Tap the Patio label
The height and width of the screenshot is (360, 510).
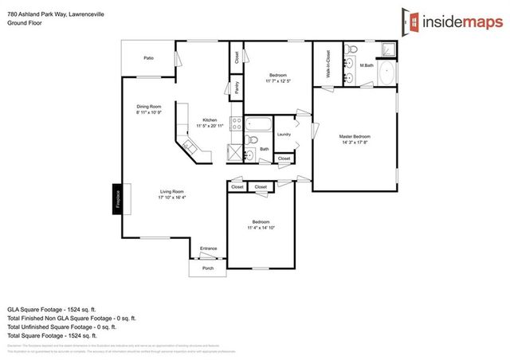(148, 58)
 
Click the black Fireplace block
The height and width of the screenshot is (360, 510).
(116, 198)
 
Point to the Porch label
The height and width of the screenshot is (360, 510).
(207, 268)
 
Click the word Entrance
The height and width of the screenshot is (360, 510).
(208, 248)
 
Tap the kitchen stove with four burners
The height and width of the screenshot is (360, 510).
(236, 123)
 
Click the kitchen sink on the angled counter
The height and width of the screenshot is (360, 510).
(190, 146)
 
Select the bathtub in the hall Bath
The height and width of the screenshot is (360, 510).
(258, 124)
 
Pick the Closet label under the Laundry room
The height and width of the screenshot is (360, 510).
(284, 159)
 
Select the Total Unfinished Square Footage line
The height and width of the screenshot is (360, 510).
(62, 327)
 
